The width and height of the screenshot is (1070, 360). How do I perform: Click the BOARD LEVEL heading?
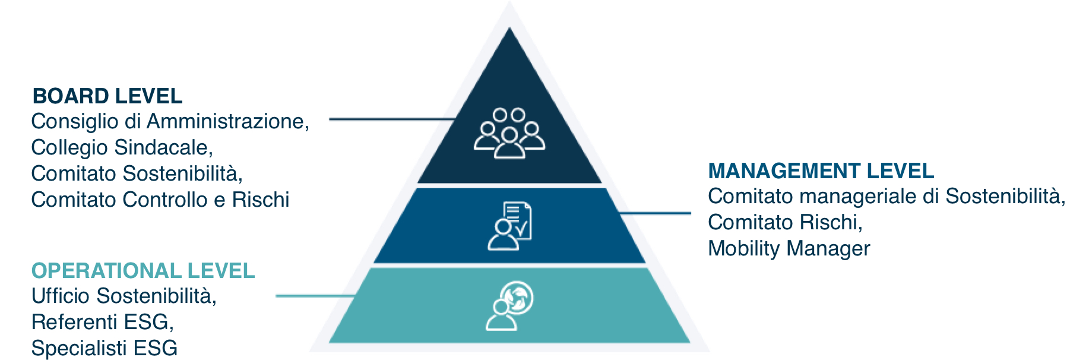coord(107,96)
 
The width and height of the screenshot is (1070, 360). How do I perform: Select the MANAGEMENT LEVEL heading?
coord(821,171)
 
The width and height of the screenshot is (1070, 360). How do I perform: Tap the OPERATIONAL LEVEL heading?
coord(143,271)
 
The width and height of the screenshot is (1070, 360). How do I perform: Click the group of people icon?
coord(509,133)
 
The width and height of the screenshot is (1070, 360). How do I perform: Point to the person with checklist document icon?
coord(509,226)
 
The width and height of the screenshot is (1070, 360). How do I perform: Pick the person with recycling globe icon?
coord(509,305)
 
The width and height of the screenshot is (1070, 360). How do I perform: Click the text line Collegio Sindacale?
coord(122,147)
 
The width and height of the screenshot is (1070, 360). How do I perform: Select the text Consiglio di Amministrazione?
coord(170,121)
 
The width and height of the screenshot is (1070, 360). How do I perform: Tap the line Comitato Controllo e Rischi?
coord(160,200)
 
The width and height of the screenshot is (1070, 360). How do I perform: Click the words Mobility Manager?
coord(789,248)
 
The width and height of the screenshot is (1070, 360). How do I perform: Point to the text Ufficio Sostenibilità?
coord(124,296)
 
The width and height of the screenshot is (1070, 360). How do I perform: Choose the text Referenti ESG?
coord(103,322)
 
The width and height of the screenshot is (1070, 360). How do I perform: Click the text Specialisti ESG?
coord(105,348)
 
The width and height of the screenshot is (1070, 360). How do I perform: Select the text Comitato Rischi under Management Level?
coord(785,222)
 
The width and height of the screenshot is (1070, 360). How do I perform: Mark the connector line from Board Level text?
coord(392,119)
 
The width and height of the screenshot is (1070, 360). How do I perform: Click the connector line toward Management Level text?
coord(654,213)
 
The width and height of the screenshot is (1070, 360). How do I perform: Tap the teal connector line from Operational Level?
coord(316,296)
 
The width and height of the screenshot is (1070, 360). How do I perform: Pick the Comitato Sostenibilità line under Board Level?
coord(137,173)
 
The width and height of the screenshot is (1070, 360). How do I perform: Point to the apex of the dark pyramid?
coord(509,28)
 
